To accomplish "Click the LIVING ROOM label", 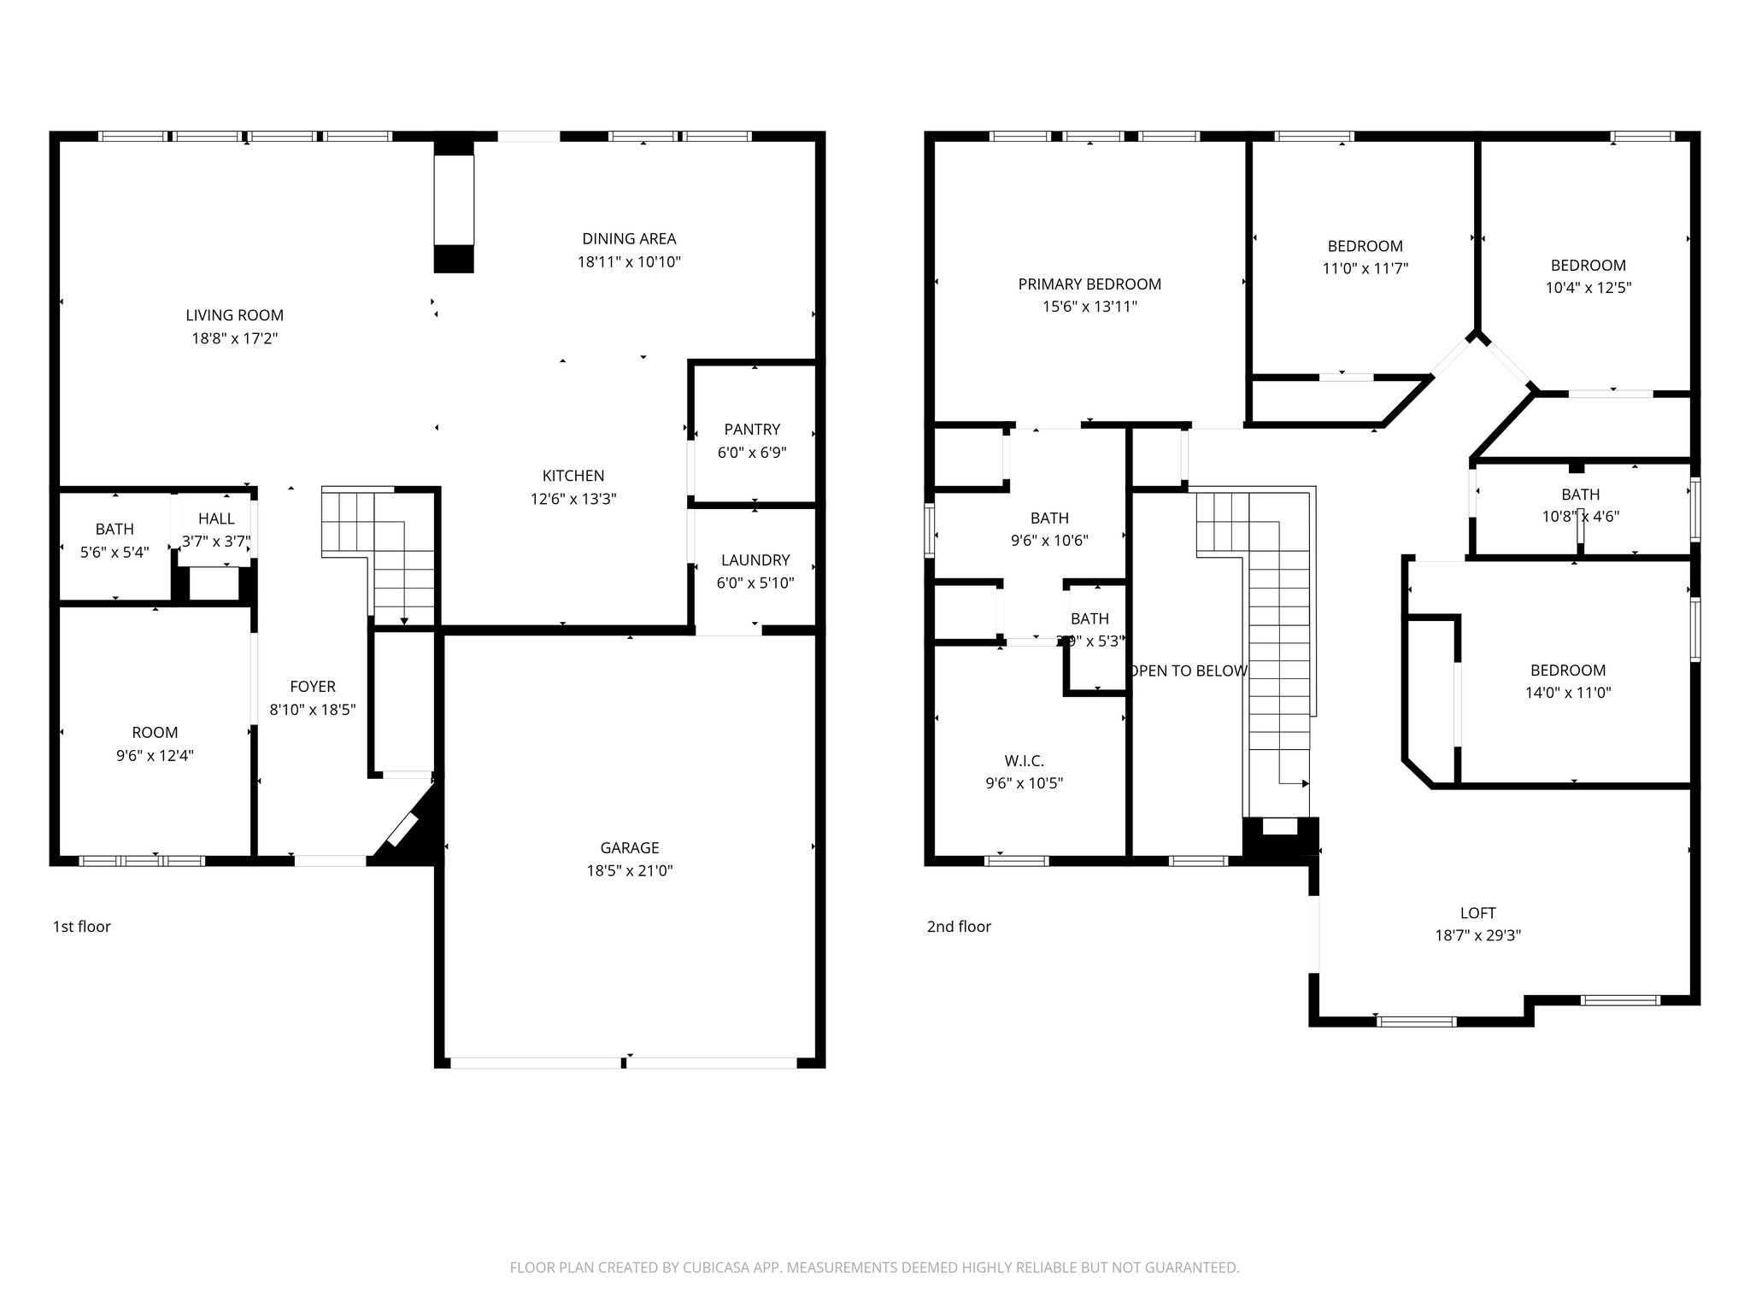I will coord(234,315).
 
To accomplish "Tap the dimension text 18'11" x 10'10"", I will coord(629,262).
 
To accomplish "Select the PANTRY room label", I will coord(752,429).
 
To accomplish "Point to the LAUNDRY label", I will coord(755,560).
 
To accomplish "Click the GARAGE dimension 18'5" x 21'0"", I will coord(629,871).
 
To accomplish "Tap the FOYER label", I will coord(312,687).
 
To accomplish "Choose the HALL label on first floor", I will coord(216,518).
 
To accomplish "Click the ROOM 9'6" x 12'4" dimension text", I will coord(155,756).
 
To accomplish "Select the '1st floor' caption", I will coord(82,927).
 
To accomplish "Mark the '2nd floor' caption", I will coord(959,927).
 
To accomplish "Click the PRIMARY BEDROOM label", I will coord(1089,284).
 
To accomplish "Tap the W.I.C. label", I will coord(1024,761).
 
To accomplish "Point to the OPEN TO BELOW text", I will coord(1188,671).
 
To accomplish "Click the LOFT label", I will coord(1477,912).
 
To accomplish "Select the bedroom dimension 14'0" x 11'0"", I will coord(1568,693).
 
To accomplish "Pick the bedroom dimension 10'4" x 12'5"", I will coord(1588,288).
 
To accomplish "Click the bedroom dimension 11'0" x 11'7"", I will coord(1365,268).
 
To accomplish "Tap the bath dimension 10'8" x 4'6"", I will coord(1580,517).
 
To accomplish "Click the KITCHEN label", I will coord(573,476).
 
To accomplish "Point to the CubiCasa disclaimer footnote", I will coord(874,1268).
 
